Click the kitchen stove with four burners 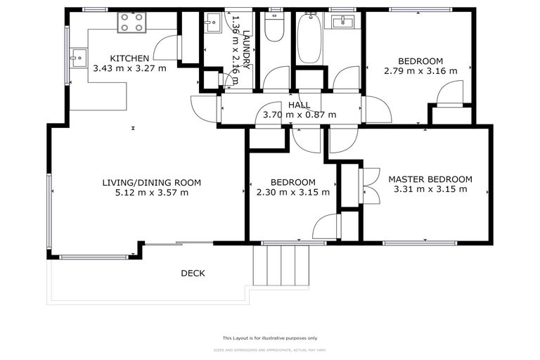131,22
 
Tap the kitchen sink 77,55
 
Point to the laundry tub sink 211,26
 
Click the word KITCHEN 129,58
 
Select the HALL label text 299,105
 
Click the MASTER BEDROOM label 430,179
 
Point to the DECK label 193,273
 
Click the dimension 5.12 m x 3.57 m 151,192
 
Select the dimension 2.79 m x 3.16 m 420,70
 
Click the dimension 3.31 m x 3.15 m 430,189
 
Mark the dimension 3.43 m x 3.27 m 129,68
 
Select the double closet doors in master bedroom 369,186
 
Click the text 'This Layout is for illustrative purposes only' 270,337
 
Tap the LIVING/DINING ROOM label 151,182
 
